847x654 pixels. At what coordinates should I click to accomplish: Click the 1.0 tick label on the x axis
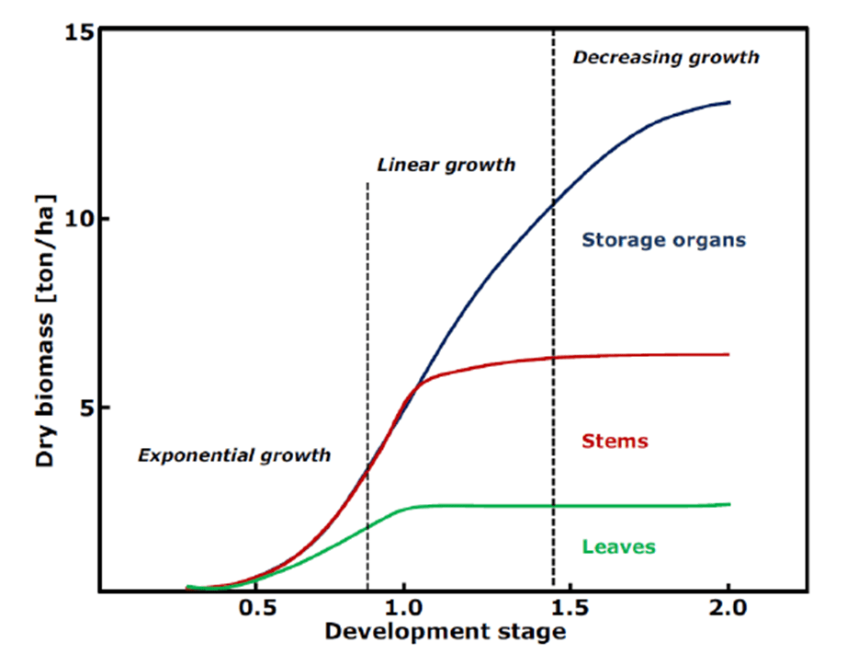click(x=404, y=609)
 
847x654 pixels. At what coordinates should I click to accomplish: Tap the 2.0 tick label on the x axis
click(x=728, y=609)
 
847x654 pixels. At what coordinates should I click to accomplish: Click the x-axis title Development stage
click(x=445, y=632)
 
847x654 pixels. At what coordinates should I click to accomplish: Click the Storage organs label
click(x=663, y=240)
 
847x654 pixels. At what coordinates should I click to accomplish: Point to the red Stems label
click(x=615, y=442)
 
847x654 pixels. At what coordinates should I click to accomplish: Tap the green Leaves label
click(x=618, y=547)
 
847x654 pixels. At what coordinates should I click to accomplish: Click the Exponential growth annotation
click(x=233, y=455)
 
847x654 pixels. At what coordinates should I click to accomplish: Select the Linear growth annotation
click(x=446, y=166)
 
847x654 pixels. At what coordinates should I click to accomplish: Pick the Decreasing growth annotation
click(x=666, y=57)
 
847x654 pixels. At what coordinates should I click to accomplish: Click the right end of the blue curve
click(x=729, y=102)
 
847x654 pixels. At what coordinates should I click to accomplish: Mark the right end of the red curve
click(x=729, y=354)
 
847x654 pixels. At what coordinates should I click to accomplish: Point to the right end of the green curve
click(x=729, y=504)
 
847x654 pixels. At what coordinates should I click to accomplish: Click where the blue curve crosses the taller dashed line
click(x=553, y=203)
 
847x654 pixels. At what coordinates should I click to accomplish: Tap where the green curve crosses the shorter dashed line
click(x=367, y=525)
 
